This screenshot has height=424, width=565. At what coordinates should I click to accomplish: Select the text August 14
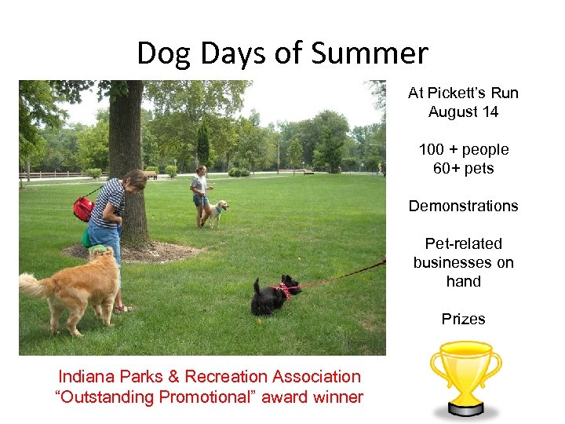[x=463, y=111]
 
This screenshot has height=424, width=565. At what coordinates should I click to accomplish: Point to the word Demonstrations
[x=463, y=206]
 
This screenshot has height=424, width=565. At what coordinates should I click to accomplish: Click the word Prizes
[x=463, y=319]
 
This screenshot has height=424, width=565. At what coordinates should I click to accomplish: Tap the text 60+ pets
[x=463, y=168]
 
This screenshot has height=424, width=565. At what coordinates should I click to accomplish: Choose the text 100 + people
[x=463, y=149]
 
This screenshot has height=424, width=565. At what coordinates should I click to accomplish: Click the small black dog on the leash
[x=270, y=296]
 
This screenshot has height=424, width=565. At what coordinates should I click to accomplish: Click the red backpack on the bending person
[x=84, y=208]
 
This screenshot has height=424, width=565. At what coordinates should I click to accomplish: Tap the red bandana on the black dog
[x=282, y=291]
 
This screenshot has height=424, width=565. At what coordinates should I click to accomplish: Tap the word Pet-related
[x=463, y=243]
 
